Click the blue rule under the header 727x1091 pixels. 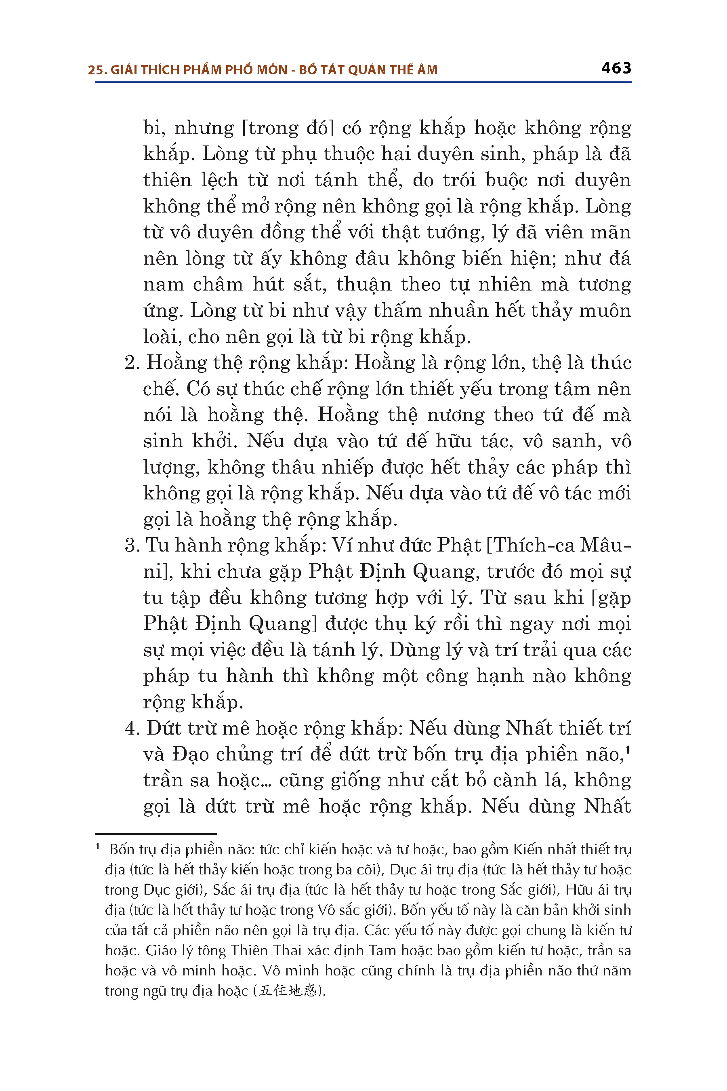363,82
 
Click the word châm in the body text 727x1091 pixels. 218,284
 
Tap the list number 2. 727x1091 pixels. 132,363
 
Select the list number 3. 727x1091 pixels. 132,545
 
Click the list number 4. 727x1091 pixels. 132,728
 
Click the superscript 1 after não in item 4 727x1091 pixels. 627,748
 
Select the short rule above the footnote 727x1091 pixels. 156,834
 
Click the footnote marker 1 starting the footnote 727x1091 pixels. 98,847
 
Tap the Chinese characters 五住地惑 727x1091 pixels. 288,991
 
